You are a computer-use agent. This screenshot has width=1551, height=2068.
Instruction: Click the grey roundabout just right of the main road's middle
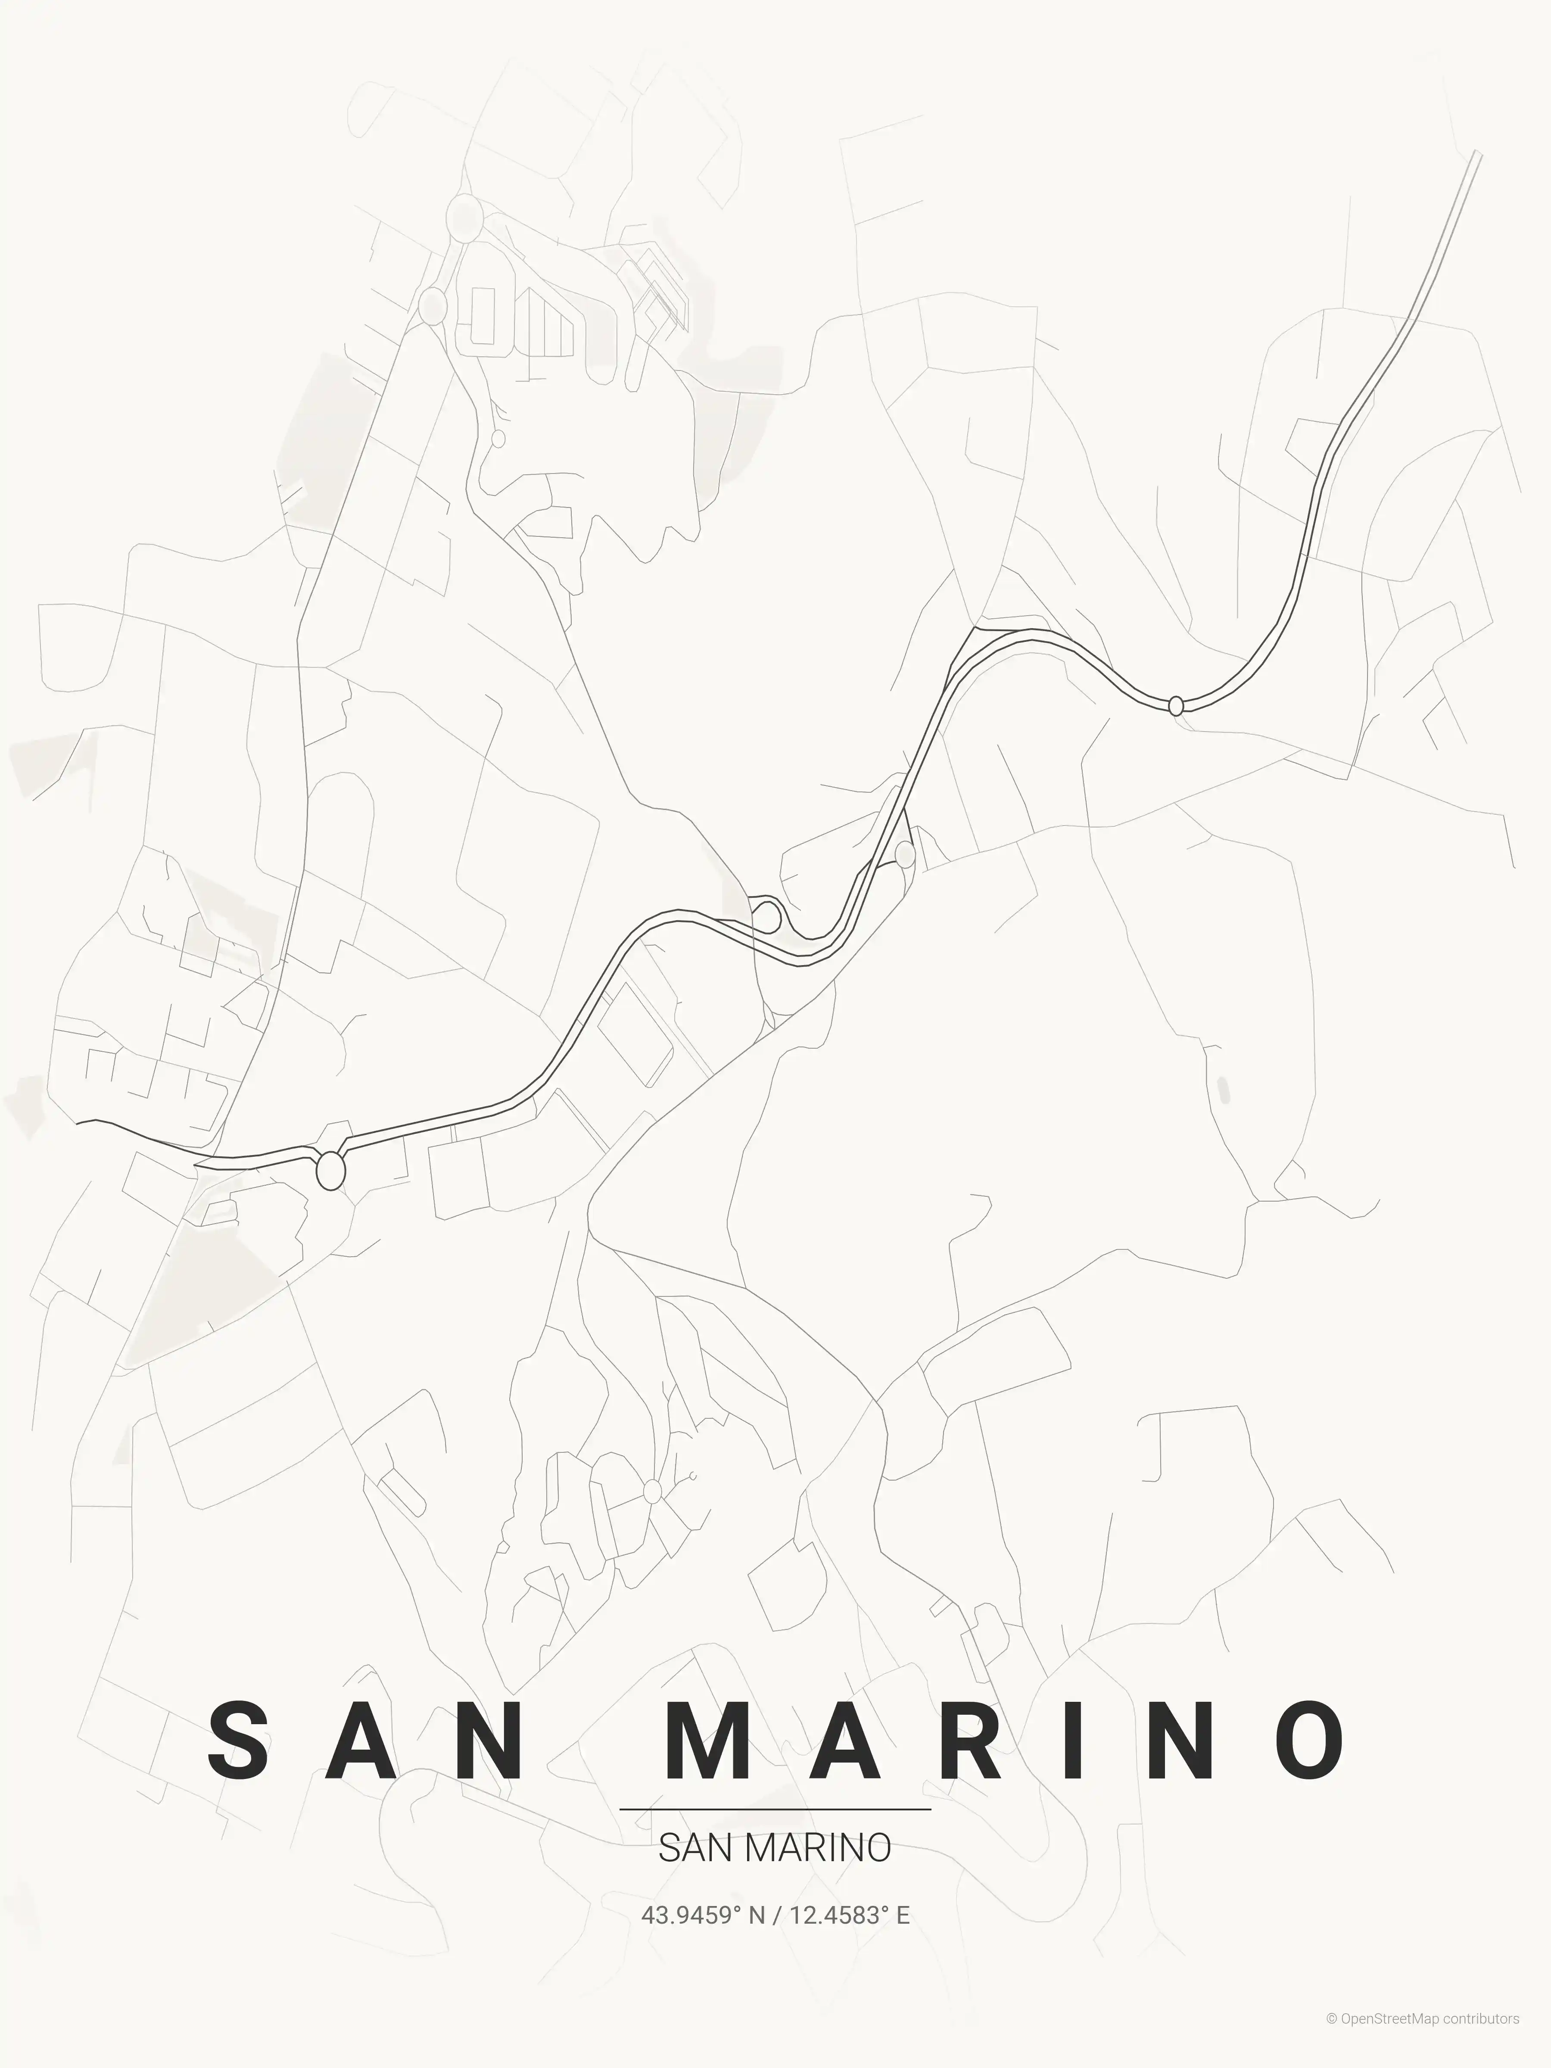pos(905,853)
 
